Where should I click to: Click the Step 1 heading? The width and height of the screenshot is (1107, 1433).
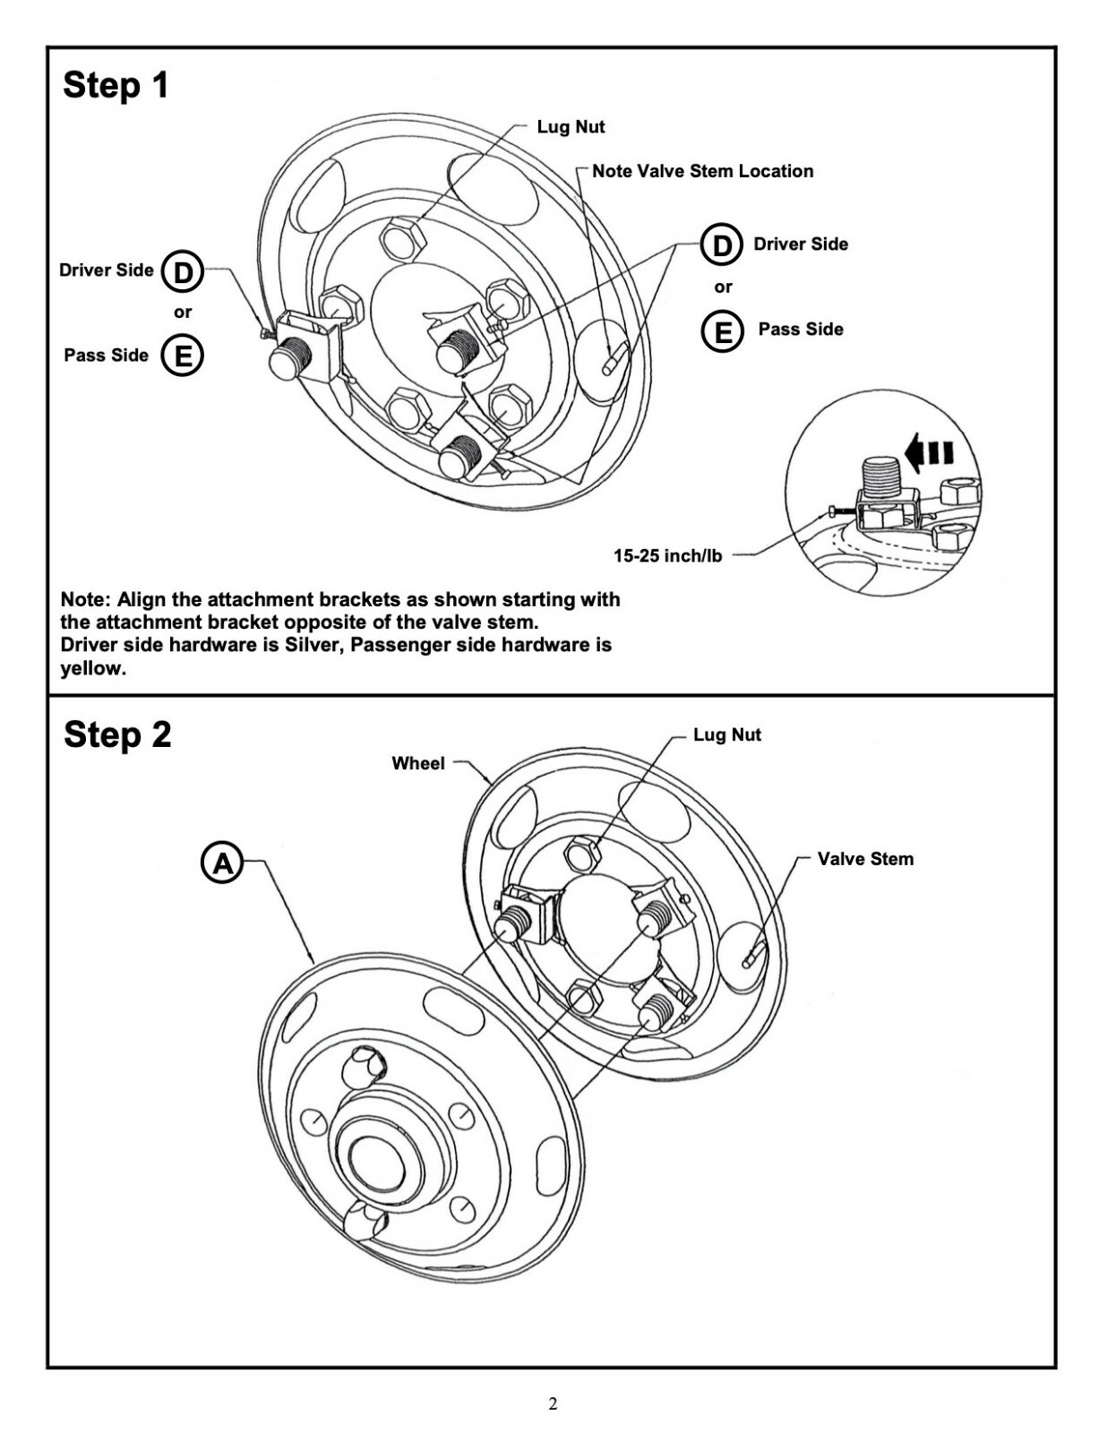pos(116,85)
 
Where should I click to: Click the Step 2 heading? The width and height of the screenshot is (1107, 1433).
pos(116,734)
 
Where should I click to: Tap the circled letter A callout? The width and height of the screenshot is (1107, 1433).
pos(221,863)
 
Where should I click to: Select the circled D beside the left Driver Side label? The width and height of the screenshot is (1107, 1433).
pos(183,270)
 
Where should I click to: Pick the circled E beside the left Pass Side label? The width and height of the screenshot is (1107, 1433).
pos(183,356)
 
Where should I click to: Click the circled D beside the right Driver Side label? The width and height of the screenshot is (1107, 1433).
pos(722,245)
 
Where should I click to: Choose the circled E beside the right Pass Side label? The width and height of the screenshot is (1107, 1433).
pos(722,330)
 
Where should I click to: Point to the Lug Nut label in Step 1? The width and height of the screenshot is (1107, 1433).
pos(571,127)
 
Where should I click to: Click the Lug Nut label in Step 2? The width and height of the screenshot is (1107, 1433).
pos(726,735)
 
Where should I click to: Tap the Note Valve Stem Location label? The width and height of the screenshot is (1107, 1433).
pos(702,171)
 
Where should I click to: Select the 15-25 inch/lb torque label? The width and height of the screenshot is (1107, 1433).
pos(667,556)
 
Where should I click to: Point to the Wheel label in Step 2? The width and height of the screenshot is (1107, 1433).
pos(417,763)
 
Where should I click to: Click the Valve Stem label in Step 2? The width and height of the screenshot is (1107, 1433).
pos(865,859)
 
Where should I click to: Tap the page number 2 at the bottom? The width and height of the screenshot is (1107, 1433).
pos(553,1403)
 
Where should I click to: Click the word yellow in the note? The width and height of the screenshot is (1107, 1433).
pos(92,669)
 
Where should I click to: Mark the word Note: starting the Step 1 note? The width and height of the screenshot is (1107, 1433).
pos(85,599)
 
